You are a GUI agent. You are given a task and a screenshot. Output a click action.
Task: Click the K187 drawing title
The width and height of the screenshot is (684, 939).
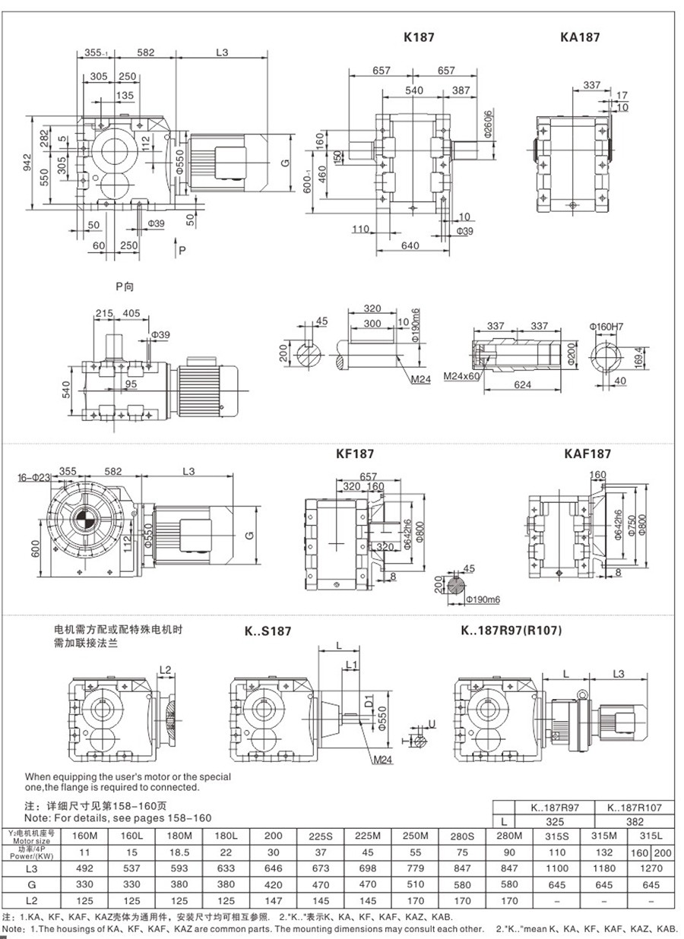point(419,36)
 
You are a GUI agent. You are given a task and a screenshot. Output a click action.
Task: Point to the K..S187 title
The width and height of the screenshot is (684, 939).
point(268,631)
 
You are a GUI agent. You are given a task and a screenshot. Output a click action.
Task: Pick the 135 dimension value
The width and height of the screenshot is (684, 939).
point(125,95)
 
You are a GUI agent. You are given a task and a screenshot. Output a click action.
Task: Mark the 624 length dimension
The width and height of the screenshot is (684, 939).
point(521,384)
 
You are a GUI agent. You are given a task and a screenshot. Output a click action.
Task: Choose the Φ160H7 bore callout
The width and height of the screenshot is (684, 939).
point(606,327)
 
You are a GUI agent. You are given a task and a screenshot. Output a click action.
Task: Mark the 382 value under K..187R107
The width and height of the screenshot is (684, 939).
point(635,821)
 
